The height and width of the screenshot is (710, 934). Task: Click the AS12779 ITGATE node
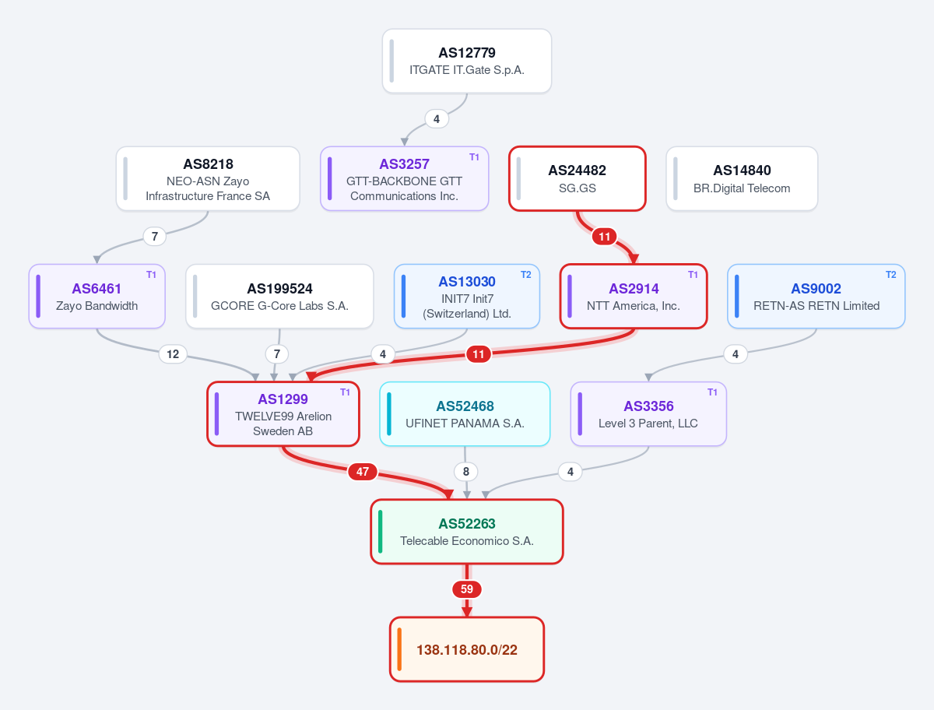click(467, 61)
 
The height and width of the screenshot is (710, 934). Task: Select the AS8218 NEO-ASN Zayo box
click(208, 179)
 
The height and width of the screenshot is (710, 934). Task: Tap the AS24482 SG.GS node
click(578, 179)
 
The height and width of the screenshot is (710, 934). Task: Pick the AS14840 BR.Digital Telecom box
click(742, 179)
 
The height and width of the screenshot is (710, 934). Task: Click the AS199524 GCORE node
click(279, 296)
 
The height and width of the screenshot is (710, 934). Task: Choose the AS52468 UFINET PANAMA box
click(465, 414)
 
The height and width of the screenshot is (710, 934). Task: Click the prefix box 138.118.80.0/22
click(467, 649)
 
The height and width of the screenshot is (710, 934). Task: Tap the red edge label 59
click(467, 589)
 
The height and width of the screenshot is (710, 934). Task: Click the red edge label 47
click(363, 472)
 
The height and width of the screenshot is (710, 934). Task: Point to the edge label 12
click(173, 354)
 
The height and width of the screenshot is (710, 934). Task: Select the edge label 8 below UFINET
click(466, 472)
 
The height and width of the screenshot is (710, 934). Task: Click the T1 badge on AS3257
click(474, 157)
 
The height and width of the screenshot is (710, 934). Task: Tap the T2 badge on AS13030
click(525, 275)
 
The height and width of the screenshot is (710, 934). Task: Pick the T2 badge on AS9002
click(890, 275)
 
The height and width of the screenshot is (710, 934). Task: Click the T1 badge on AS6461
click(151, 275)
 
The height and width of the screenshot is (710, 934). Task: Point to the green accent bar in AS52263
click(380, 532)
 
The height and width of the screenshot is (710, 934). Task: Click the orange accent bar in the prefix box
click(399, 649)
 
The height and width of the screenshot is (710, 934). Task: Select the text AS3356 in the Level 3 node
click(648, 406)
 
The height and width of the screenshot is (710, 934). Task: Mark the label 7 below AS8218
click(154, 236)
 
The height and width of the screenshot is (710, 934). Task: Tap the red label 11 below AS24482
click(604, 237)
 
